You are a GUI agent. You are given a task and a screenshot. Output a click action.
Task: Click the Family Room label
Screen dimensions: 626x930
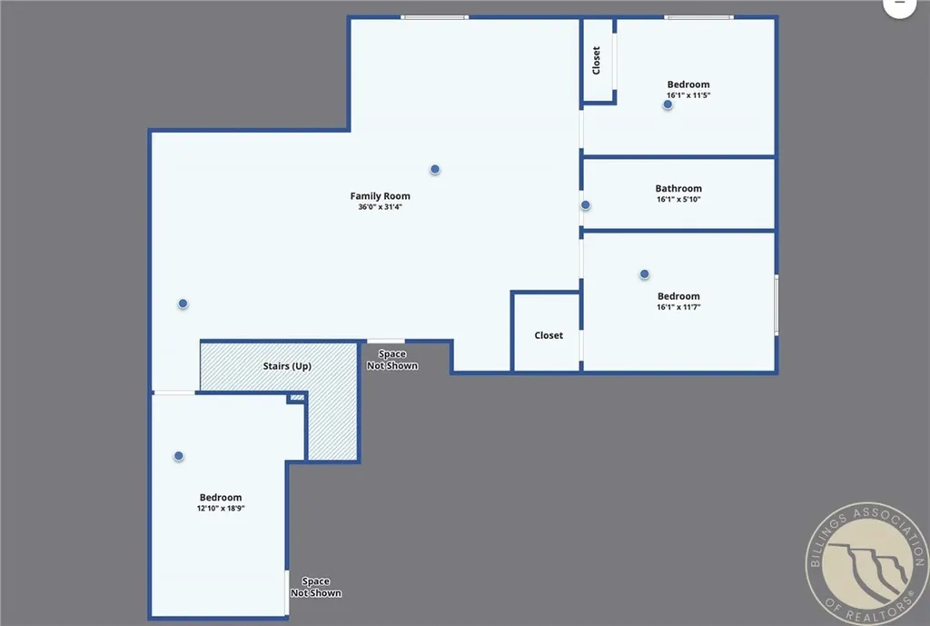(x=380, y=196)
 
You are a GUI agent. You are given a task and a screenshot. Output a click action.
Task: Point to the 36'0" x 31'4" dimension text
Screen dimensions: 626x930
(x=380, y=207)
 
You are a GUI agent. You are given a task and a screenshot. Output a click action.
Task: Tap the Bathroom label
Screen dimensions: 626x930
(x=678, y=189)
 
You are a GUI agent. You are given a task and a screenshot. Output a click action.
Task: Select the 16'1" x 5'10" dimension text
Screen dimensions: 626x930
(x=678, y=200)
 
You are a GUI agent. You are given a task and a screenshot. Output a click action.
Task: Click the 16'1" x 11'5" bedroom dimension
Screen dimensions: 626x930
(x=688, y=95)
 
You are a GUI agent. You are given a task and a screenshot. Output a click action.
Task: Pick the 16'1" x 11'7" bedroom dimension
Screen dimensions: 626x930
(x=678, y=307)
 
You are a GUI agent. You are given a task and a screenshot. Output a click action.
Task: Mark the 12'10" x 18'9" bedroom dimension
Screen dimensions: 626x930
(x=221, y=509)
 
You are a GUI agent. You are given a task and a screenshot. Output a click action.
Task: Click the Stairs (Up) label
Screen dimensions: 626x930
(x=287, y=366)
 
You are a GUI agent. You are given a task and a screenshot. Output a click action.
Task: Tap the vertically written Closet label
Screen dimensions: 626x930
(x=597, y=61)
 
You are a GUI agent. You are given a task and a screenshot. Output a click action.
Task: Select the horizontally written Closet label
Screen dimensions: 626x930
(x=549, y=335)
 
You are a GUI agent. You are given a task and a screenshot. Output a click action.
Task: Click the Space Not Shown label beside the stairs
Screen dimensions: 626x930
(x=392, y=360)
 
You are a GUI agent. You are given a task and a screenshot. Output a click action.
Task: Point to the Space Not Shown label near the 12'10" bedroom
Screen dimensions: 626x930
(x=316, y=587)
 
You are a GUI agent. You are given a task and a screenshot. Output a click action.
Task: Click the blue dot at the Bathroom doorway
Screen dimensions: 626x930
(x=586, y=205)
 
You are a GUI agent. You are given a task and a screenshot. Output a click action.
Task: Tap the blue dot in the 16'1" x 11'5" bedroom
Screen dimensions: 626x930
(x=668, y=104)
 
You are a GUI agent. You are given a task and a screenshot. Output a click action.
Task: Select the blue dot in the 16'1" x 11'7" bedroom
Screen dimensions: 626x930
(x=644, y=273)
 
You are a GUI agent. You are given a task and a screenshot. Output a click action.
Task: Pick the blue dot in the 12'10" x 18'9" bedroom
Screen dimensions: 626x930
(x=179, y=456)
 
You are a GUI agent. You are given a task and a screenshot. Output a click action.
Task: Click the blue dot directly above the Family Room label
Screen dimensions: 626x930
(x=435, y=169)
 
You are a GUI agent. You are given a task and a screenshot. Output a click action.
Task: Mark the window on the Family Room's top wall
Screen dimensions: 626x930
(x=435, y=16)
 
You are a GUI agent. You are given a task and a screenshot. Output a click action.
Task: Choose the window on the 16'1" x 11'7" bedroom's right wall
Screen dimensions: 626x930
(x=777, y=304)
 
